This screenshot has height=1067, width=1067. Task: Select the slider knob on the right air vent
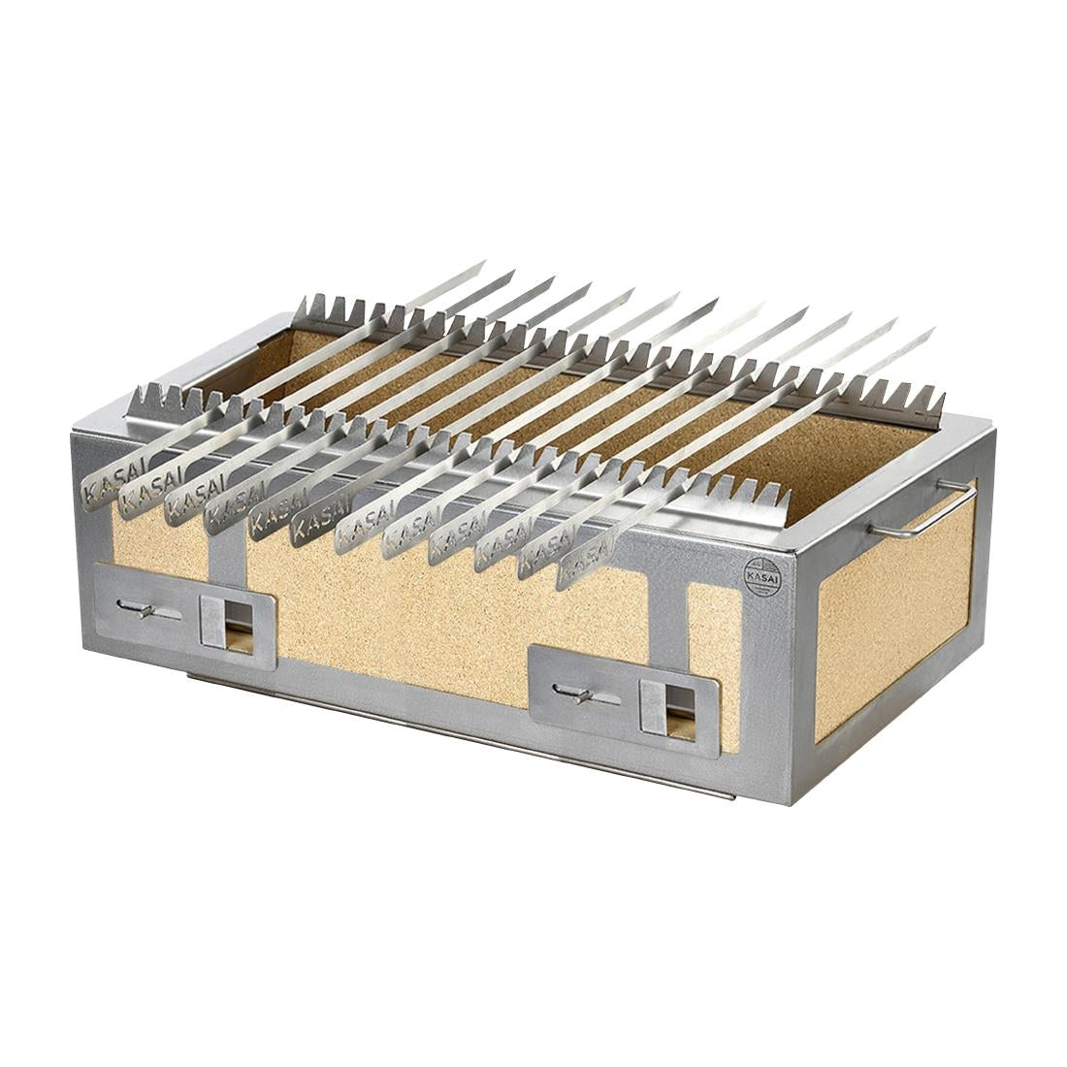(x=580, y=695)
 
